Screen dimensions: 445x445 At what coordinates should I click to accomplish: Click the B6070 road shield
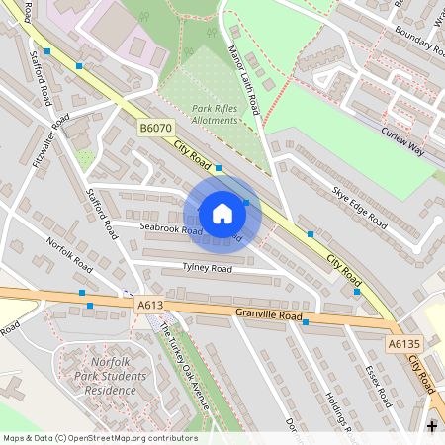(x=155, y=129)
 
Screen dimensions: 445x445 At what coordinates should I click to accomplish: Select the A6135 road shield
(x=402, y=344)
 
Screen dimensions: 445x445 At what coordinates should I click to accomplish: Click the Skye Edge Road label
(x=359, y=206)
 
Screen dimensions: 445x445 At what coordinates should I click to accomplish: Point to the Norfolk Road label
(x=68, y=255)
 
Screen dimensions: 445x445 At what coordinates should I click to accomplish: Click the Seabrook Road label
(x=171, y=230)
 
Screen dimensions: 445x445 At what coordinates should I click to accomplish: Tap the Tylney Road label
(x=207, y=268)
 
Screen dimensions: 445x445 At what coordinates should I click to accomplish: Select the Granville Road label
(x=268, y=315)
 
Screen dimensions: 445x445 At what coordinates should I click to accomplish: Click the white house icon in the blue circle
(x=222, y=213)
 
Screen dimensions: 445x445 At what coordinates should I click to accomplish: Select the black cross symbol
(x=432, y=425)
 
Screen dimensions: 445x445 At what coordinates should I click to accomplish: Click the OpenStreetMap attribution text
(x=99, y=438)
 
